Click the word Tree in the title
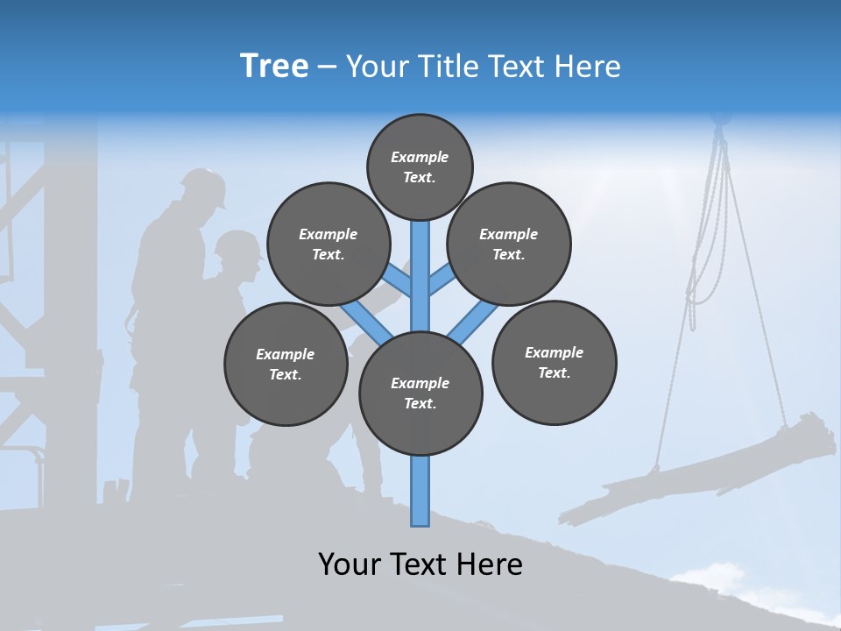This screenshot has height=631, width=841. pos(274,66)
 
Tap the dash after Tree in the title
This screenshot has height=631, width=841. pos(327,67)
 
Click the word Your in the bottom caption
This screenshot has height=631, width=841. pos(350,564)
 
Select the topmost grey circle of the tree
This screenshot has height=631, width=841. pos(420,167)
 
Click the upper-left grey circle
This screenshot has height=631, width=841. pos(328,244)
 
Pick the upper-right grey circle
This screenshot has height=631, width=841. pos(508,244)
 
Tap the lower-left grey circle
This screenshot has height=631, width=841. pos(286,364)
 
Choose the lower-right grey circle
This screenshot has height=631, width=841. pos(554,362)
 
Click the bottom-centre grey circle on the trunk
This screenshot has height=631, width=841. pos(420,393)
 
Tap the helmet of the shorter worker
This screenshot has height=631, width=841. pos(237,245)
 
